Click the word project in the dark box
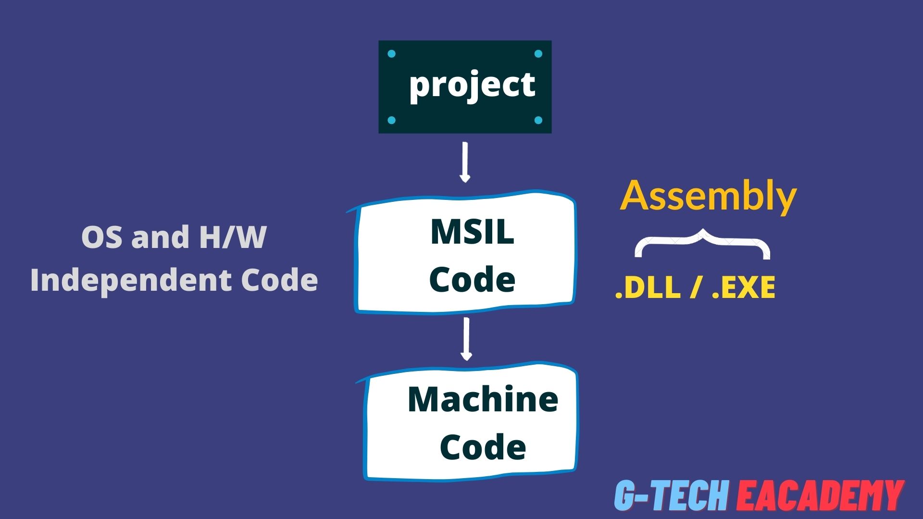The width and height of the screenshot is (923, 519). [x=472, y=86]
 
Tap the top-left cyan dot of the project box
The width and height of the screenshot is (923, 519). [x=391, y=54]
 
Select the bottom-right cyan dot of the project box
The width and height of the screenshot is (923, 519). [x=538, y=120]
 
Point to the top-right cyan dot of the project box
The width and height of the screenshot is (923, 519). [x=538, y=54]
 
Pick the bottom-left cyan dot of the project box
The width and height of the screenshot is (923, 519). [x=391, y=120]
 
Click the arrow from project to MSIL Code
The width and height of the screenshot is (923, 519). [x=465, y=162]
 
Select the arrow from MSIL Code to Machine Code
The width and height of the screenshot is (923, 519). [x=466, y=339]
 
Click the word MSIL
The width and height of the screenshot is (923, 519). [x=472, y=232]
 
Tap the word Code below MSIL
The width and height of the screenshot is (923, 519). [x=472, y=280]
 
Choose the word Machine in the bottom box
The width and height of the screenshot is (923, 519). [x=483, y=399]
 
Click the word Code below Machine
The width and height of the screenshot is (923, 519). [x=483, y=447]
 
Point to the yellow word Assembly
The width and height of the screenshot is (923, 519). [x=708, y=196]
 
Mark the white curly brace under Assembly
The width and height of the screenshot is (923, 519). [x=702, y=243]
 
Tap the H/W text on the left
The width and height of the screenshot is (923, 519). [x=233, y=237]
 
